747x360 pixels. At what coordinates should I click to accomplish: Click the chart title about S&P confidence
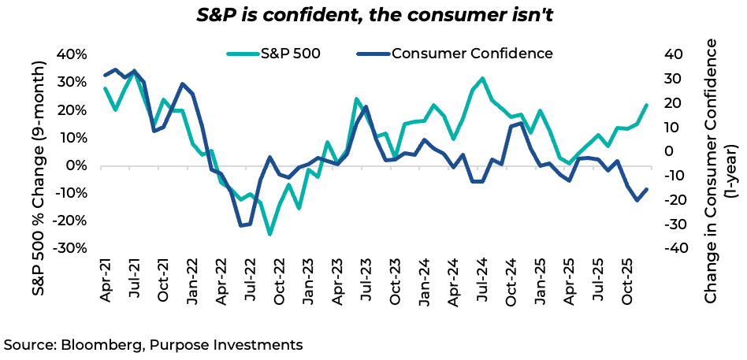[x=373, y=15]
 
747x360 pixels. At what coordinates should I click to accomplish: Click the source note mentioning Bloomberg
[x=154, y=344]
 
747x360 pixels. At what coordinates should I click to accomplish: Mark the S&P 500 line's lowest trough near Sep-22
[x=269, y=234]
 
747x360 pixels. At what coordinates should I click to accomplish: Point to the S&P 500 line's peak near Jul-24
[x=482, y=79]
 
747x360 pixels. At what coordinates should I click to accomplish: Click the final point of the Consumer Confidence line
[x=647, y=189]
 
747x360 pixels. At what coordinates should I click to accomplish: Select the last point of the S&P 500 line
[x=647, y=105]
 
